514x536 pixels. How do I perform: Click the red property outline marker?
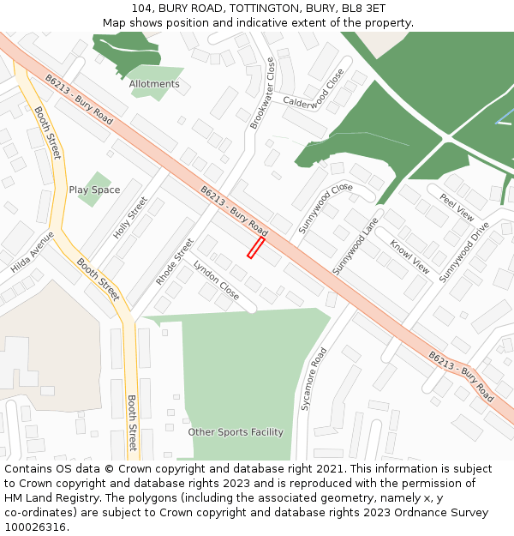pyautogui.click(x=255, y=248)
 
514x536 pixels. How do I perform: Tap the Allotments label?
pyautogui.click(x=154, y=84)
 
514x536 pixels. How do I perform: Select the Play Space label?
pyautogui.click(x=94, y=190)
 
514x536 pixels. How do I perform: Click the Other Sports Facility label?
pyautogui.click(x=236, y=432)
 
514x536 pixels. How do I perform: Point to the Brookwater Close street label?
pyautogui.click(x=263, y=93)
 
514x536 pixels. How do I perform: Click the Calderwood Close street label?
pyautogui.click(x=314, y=89)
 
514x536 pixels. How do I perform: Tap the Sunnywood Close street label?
pyautogui.click(x=326, y=208)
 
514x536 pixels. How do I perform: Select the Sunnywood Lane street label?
pyautogui.click(x=356, y=246)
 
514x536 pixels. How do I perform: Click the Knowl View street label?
pyautogui.click(x=409, y=256)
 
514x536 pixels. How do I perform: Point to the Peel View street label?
pyautogui.click(x=457, y=207)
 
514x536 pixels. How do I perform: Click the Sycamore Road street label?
pyautogui.click(x=314, y=378)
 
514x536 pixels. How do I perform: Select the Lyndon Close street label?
pyautogui.click(x=216, y=280)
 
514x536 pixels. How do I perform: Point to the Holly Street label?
pyautogui.click(x=130, y=218)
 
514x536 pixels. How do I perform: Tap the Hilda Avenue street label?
pyautogui.click(x=32, y=252)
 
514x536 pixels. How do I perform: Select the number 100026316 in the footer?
pyautogui.click(x=36, y=527)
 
